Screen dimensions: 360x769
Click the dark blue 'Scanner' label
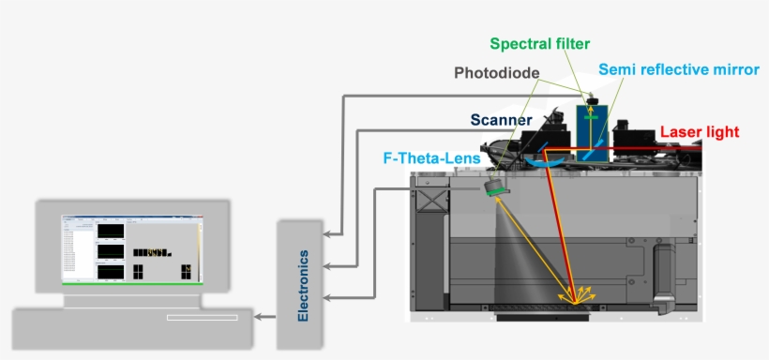pos(501,120)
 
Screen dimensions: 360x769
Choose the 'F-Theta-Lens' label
pos(433,158)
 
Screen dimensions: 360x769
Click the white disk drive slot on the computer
pos(202,318)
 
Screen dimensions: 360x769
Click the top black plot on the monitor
pos(111,231)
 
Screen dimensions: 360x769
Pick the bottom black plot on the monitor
pos(111,271)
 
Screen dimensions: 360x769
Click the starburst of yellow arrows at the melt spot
pos(576,294)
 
